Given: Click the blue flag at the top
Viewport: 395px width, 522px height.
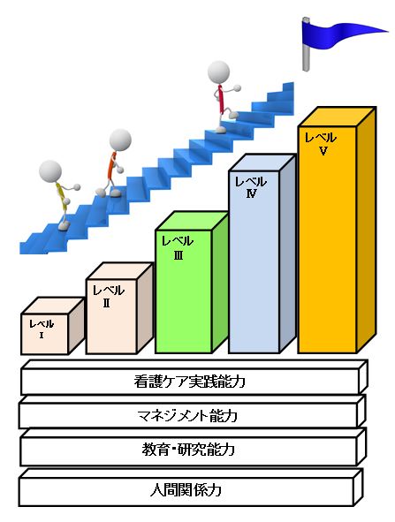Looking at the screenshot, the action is pyautogui.click(x=337, y=36).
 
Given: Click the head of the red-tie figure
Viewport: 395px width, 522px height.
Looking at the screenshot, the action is pyautogui.click(x=218, y=72).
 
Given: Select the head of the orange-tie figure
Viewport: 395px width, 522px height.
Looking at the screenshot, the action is pyautogui.click(x=120, y=140).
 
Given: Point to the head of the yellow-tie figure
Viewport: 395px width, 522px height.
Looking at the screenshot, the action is pyautogui.click(x=50, y=171).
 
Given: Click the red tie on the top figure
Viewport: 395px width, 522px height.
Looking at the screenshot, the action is pyautogui.click(x=220, y=99).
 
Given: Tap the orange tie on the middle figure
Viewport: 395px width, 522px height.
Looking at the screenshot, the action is pyautogui.click(x=111, y=165).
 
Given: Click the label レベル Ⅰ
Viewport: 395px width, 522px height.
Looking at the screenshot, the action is pyautogui.click(x=42, y=329).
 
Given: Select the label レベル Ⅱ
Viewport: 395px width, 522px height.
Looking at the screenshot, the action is pyautogui.click(x=108, y=296).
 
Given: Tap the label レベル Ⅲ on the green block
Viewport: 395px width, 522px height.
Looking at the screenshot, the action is pyautogui.click(x=178, y=247).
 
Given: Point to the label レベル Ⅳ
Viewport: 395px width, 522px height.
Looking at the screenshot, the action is pyautogui.click(x=251, y=187).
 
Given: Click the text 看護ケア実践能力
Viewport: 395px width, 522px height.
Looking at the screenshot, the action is pyautogui.click(x=189, y=382).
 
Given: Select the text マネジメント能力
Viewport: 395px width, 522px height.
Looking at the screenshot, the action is pyautogui.click(x=187, y=415).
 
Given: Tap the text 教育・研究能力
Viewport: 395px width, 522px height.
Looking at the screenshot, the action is pyautogui.click(x=188, y=450).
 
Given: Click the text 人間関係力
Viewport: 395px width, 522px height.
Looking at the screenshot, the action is pyautogui.click(x=186, y=490).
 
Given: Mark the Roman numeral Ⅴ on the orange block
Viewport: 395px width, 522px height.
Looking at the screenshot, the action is pyautogui.click(x=323, y=151).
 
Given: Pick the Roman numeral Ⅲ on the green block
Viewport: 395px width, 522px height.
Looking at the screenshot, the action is pyautogui.click(x=179, y=255).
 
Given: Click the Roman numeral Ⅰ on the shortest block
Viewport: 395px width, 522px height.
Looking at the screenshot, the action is pyautogui.click(x=42, y=336).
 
